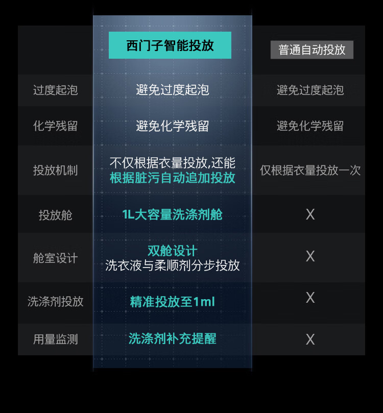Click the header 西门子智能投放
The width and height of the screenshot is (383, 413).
170,45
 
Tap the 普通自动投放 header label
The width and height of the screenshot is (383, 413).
312,50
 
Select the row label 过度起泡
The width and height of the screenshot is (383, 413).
55,90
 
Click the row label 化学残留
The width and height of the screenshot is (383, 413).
55,126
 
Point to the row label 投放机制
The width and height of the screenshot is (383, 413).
55,171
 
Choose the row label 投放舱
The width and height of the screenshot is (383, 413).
55,215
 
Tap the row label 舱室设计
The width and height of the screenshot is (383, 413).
55,258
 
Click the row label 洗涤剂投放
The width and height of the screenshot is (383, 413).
55,301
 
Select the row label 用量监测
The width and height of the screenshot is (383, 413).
55,339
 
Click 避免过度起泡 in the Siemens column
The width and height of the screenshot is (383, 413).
173,90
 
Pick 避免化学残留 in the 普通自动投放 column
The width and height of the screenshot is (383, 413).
310,126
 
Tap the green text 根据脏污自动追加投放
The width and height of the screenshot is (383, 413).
173,178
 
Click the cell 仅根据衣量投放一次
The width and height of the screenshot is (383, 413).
310,171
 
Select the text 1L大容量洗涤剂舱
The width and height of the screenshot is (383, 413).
173,214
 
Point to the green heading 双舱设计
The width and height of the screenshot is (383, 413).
173,251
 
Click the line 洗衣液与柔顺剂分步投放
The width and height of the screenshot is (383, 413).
173,266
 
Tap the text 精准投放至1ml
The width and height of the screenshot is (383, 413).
173,302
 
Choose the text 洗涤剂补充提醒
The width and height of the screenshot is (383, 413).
173,338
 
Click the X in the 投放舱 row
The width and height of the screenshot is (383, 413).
310,214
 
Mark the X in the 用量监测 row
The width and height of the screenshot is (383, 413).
310,339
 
